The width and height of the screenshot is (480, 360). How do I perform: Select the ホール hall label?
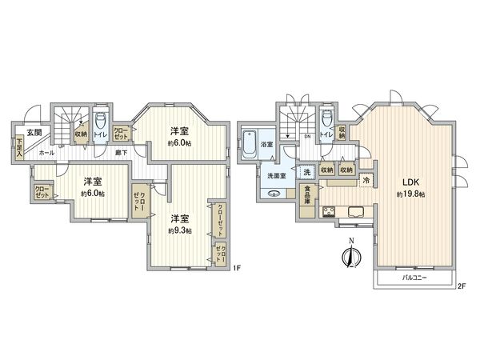click(46, 151)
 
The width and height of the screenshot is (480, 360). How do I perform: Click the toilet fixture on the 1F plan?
click(101, 123)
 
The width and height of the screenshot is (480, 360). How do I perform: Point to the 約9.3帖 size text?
click(179, 230)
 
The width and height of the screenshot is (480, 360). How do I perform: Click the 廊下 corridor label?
click(121, 152)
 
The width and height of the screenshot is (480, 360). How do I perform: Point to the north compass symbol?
click(349, 258)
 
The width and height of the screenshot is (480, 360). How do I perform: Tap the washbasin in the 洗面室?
click(274, 193)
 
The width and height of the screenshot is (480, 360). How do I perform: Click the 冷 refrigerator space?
click(366, 182)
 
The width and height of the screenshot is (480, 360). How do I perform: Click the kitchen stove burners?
click(328, 211)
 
